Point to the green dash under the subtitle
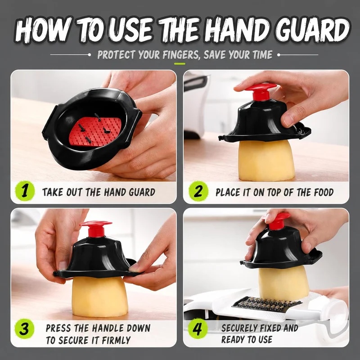pyautogui.click(x=180, y=63)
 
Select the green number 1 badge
pyautogui.click(x=25, y=191)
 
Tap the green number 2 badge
pyautogui.click(x=198, y=191)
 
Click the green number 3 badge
pyautogui.click(x=24, y=328)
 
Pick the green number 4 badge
pyautogui.click(x=198, y=328)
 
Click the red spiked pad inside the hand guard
pyautogui.click(x=95, y=131)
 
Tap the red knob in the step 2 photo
pyautogui.click(x=258, y=91)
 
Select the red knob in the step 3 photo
pyautogui.click(x=96, y=228)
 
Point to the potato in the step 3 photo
pyautogui.click(x=99, y=296)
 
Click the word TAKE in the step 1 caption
pyautogui.click(x=53, y=192)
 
